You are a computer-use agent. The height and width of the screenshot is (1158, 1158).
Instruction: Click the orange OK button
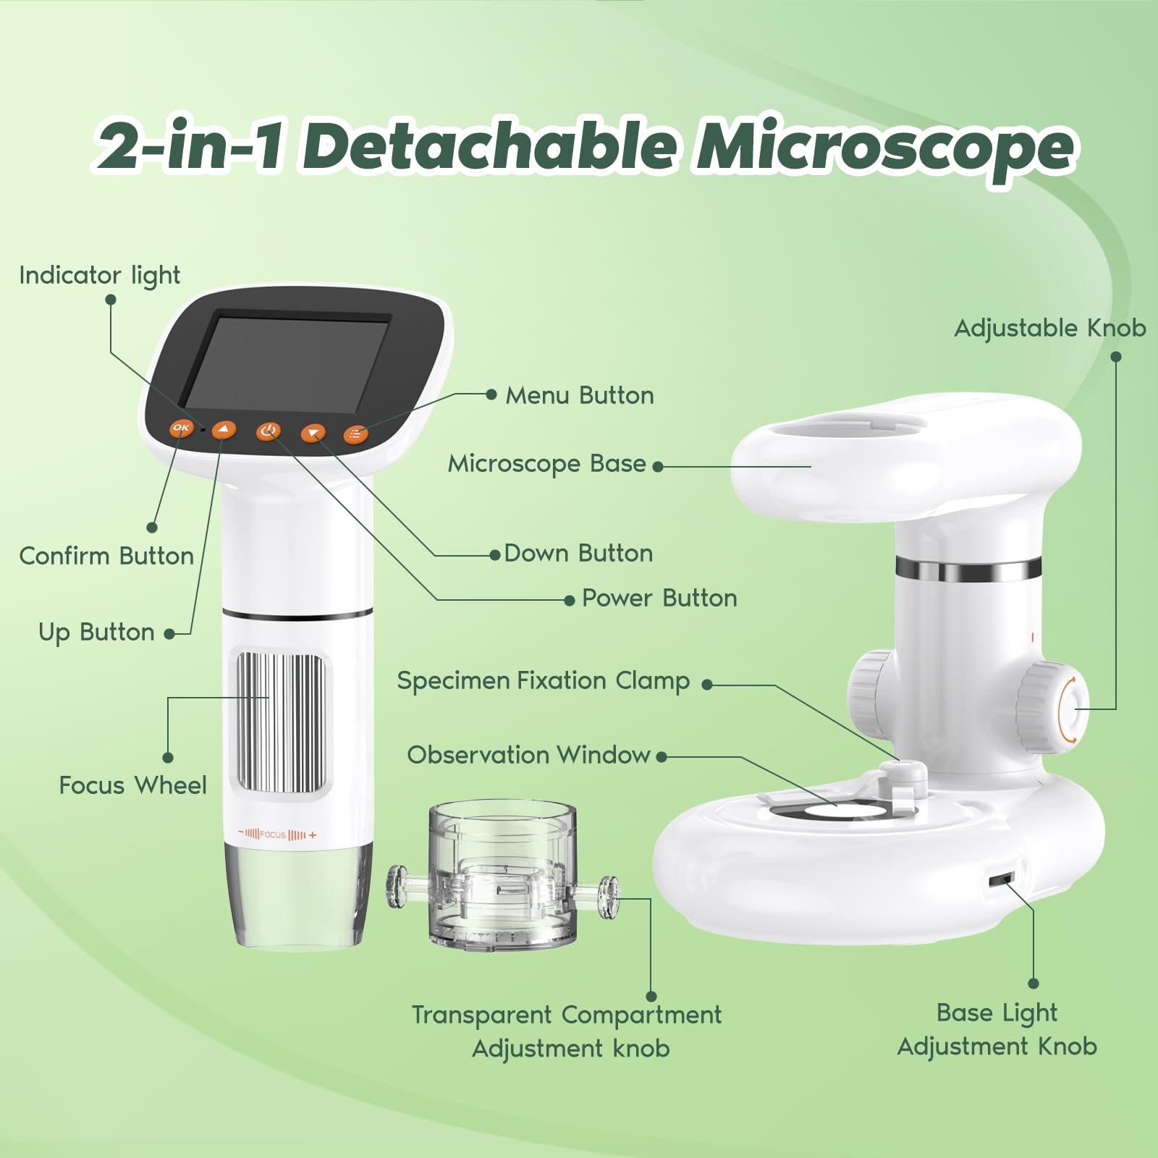click(181, 428)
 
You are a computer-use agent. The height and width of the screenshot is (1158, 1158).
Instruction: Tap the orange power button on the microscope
click(268, 431)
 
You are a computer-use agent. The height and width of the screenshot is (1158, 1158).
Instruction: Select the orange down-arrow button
click(313, 433)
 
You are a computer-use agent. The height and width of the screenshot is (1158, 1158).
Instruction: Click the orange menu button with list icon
click(355, 434)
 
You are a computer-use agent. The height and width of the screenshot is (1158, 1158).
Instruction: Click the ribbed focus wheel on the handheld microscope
click(280, 722)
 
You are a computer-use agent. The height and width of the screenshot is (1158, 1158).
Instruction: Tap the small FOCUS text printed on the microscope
click(273, 834)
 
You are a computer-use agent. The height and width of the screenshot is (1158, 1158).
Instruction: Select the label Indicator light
click(99, 276)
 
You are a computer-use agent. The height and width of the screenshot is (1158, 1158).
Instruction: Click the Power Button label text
click(659, 599)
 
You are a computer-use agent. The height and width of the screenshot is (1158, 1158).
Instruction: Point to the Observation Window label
click(528, 756)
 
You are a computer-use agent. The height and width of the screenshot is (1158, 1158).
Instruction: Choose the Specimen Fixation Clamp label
click(543, 681)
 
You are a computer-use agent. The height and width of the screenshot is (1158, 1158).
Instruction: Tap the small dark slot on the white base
click(1000, 880)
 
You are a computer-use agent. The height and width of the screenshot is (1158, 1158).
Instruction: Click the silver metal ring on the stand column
click(968, 570)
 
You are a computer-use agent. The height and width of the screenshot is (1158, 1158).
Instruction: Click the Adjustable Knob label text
click(1049, 329)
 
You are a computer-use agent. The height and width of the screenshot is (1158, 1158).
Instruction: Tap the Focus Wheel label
click(132, 785)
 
